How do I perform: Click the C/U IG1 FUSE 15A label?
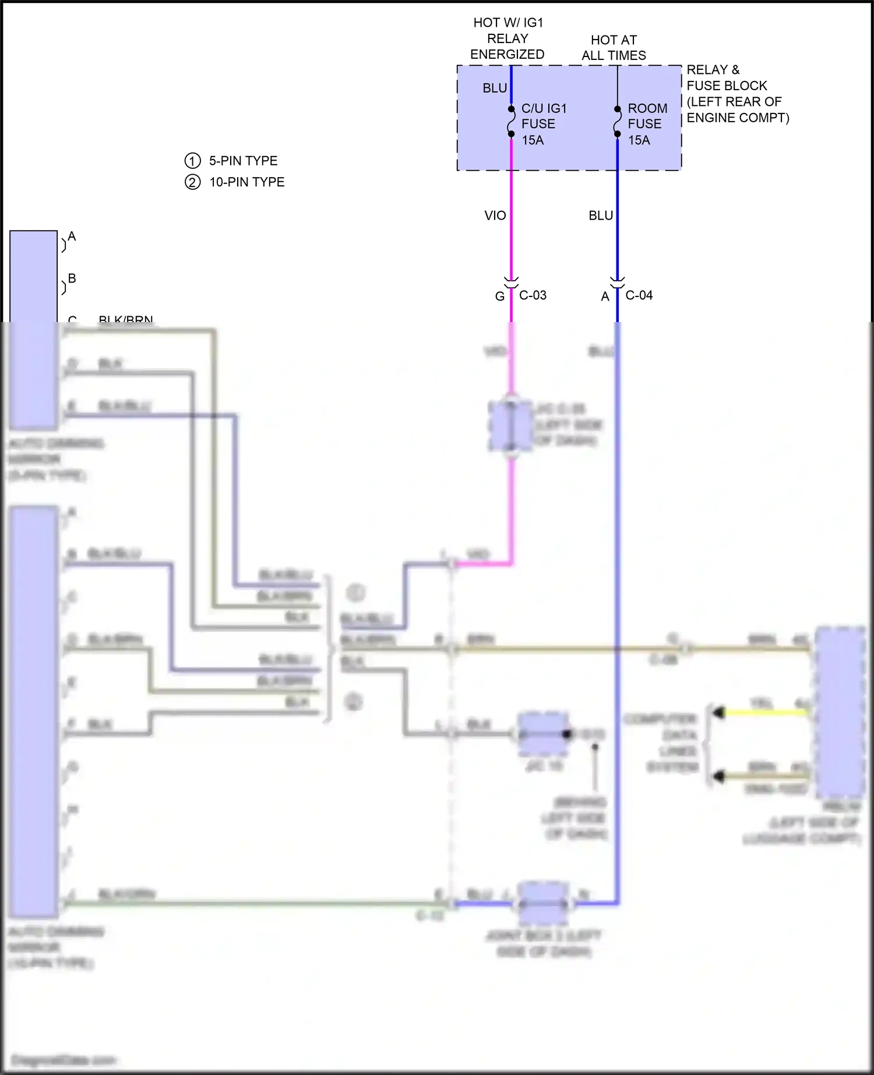[x=543, y=124]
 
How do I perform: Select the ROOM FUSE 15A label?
[x=647, y=124]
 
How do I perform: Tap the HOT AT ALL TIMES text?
[x=614, y=48]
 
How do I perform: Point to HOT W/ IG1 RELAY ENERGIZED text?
[x=508, y=38]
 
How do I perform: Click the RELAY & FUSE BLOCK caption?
[x=737, y=94]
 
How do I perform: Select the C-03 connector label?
[x=533, y=295]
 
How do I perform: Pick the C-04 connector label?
[x=639, y=295]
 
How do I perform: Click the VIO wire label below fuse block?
[x=495, y=215]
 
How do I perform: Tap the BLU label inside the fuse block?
[x=494, y=88]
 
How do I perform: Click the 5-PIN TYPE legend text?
[x=243, y=161]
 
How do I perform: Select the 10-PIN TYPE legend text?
[x=246, y=182]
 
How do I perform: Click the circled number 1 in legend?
[x=192, y=161]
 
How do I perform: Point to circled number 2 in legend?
[x=192, y=182]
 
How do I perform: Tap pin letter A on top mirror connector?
[x=72, y=236]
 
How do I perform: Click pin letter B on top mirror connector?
[x=72, y=278]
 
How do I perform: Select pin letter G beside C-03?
[x=499, y=296]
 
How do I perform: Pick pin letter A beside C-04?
[x=605, y=296]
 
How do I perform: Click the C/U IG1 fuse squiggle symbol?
[x=511, y=122]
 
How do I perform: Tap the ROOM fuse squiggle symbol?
[x=617, y=122]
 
